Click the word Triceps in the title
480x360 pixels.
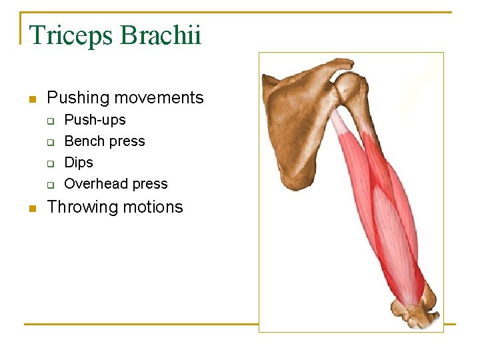click(x=71, y=35)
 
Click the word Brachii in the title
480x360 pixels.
click(x=160, y=35)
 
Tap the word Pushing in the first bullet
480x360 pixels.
click(x=78, y=98)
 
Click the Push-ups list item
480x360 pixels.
click(x=95, y=120)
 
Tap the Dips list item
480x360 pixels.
click(x=79, y=163)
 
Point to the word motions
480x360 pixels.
click(x=153, y=207)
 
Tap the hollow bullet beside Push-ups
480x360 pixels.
click(x=49, y=121)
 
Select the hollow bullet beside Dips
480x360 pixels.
click(x=49, y=164)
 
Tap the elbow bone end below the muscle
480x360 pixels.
click(x=417, y=310)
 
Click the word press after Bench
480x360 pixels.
click(x=128, y=141)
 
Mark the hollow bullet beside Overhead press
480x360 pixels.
click(x=49, y=185)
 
